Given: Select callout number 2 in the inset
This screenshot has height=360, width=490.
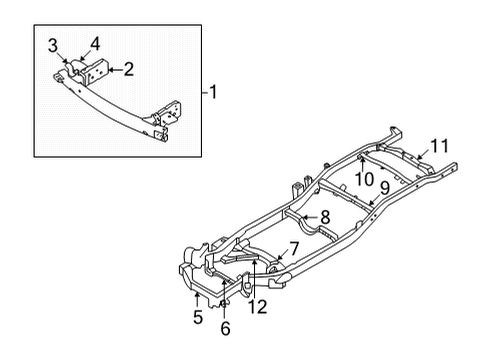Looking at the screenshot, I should click(x=129, y=69).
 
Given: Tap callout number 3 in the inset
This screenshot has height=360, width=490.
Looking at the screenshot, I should click(x=53, y=45).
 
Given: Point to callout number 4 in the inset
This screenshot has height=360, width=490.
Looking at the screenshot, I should click(x=94, y=43).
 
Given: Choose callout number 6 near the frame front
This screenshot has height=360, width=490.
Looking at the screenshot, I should click(x=225, y=327).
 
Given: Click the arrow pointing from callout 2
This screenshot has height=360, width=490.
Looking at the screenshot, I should click(x=114, y=69).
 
